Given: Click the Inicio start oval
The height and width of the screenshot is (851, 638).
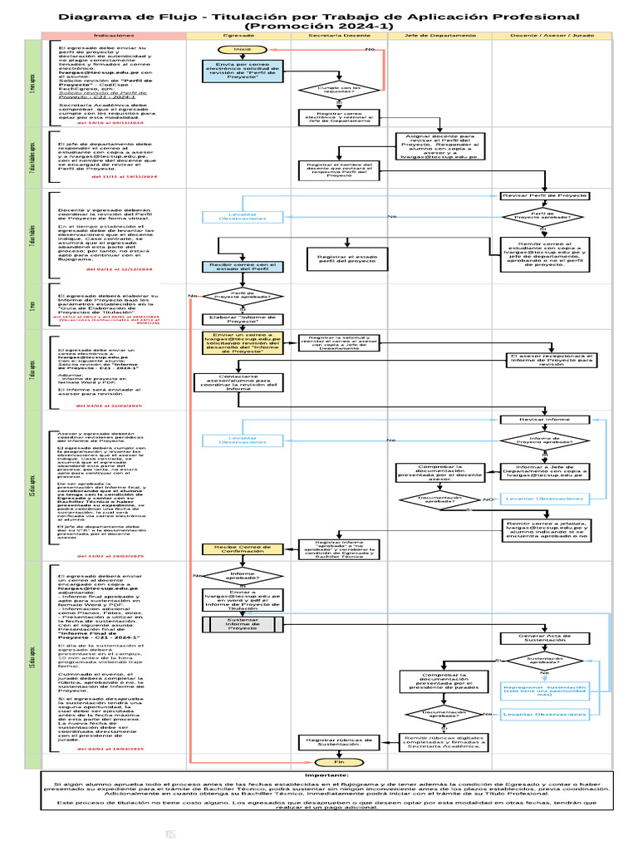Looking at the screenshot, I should click(242, 50).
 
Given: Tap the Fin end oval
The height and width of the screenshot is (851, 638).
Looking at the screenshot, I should click(339, 785).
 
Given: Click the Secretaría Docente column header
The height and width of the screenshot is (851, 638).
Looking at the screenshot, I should click(339, 35).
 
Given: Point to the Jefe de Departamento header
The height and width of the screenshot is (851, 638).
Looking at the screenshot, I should click(439, 35).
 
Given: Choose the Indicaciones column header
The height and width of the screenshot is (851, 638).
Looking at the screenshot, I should click(114, 35).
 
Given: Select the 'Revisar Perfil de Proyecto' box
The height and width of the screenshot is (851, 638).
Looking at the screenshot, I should click(544, 195).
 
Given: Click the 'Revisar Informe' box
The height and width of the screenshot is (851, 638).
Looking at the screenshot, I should click(544, 420).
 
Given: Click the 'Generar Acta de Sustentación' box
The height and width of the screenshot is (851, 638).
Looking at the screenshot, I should click(544, 638).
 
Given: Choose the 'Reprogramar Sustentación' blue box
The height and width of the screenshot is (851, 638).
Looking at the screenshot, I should click(544, 690).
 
